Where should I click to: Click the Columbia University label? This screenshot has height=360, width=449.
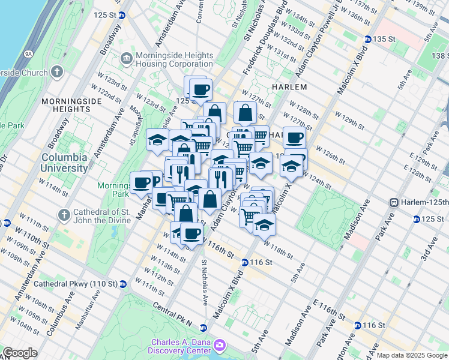tap(64, 163)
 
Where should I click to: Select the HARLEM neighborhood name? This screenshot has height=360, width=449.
tap(289, 87)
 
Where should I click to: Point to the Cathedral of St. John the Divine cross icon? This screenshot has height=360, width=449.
tap(64, 214)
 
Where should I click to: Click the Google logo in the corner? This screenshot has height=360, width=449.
tap(20, 353)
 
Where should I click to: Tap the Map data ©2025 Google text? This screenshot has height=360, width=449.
tap(412, 355)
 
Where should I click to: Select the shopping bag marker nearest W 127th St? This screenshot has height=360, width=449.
tap(245, 112)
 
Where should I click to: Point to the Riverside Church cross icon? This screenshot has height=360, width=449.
tap(57, 72)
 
